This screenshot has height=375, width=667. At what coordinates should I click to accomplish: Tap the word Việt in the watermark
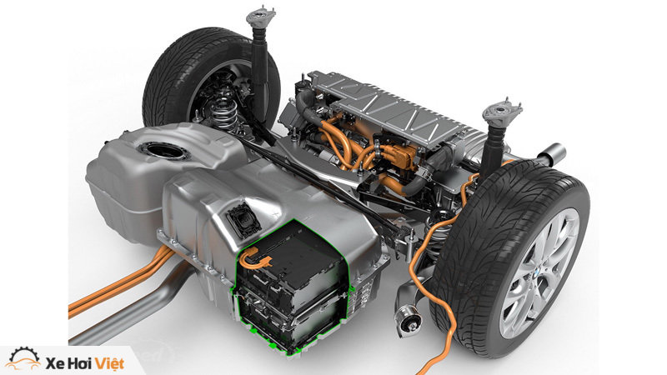110,363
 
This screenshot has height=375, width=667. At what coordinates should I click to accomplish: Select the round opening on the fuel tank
163,151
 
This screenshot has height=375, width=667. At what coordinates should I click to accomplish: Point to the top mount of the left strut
261,16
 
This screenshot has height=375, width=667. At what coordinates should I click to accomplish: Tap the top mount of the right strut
502,112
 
